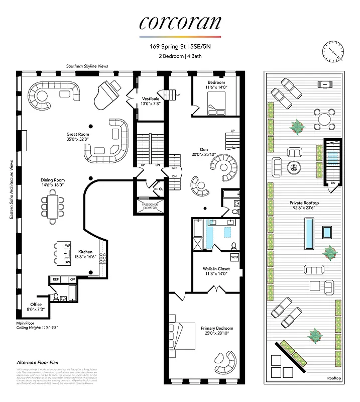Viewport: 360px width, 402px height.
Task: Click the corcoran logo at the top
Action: pyautogui.click(x=180, y=23)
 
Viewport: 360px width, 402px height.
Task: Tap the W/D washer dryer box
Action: pyautogui.click(x=234, y=257)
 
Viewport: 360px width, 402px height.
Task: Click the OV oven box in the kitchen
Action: pyautogui.click(x=72, y=279)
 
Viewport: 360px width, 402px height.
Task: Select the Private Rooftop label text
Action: pyautogui.click(x=304, y=203)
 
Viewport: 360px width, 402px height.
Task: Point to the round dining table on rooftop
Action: pyautogui.click(x=324, y=119)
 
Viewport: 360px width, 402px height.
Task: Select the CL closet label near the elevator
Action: pyautogui.click(x=161, y=189)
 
